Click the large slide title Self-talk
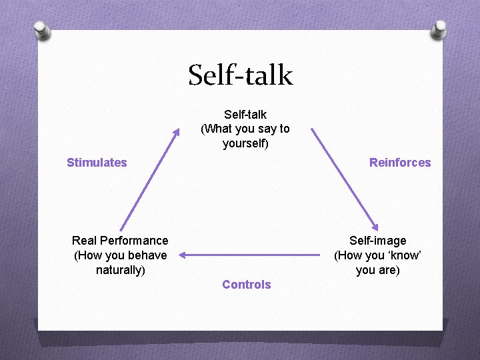(x=240, y=75)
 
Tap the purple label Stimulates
(x=97, y=163)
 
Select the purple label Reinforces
(x=400, y=163)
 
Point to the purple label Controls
(x=246, y=285)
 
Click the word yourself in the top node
(x=245, y=143)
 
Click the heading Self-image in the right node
(x=377, y=241)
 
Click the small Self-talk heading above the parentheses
(x=245, y=115)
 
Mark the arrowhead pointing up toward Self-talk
(x=177, y=131)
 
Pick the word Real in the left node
(x=84, y=241)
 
